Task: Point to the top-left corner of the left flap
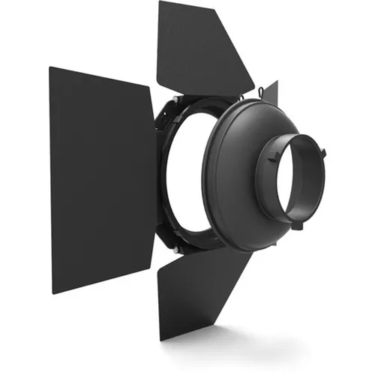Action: [50, 68]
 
